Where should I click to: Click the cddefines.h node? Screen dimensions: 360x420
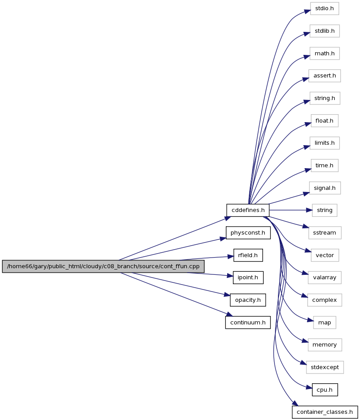(248, 210)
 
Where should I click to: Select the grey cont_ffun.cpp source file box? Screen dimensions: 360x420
(103, 266)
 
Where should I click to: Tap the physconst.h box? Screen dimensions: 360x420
(248, 233)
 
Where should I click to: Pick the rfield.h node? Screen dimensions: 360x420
(248, 255)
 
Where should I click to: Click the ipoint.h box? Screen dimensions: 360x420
(248, 277)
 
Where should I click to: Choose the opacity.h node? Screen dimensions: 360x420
(248, 300)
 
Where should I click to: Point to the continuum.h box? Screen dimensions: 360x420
(248, 323)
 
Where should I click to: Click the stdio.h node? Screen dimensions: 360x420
(325, 8)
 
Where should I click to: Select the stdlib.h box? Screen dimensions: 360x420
(325, 31)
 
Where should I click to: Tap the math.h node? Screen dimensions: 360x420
(325, 54)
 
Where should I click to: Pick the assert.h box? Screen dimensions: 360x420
(325, 76)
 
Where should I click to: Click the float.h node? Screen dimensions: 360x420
(325, 121)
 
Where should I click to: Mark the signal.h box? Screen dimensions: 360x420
(325, 188)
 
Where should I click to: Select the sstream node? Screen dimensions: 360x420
(325, 233)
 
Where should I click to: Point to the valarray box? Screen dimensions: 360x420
(325, 277)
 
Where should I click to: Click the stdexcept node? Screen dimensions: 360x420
(325, 367)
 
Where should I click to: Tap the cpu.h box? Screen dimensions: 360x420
(325, 390)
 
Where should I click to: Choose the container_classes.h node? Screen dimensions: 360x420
(325, 412)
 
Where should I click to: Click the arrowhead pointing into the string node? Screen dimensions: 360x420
(310, 210)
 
